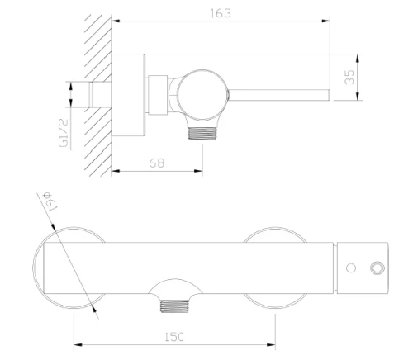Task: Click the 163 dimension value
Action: point(221,13)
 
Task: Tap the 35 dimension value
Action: point(349,77)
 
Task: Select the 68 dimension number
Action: point(156,163)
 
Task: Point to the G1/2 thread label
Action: point(64,133)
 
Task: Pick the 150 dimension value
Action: point(174,337)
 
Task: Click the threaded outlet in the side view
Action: point(202,133)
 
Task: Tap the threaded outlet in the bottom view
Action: point(175,306)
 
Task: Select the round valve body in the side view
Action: point(202,95)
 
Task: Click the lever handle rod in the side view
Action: point(279,95)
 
